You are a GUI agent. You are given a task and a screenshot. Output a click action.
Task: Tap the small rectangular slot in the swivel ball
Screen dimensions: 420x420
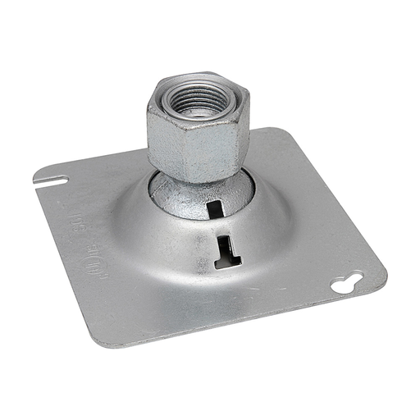pyautogui.click(x=216, y=209)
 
